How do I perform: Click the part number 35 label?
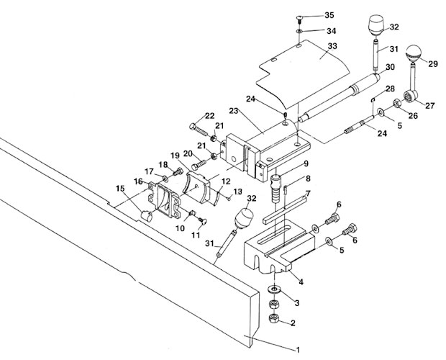329,15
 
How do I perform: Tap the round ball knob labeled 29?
414,54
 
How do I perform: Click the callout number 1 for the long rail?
298,349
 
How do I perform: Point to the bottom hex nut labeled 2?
274,318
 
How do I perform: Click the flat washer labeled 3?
275,290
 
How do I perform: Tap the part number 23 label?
234,111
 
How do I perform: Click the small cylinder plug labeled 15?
147,215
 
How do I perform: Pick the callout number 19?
176,156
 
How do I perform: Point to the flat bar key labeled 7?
285,210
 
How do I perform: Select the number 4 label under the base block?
301,282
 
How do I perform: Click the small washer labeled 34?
299,31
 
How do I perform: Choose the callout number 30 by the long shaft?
390,67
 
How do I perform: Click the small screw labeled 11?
203,221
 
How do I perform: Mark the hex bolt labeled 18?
178,171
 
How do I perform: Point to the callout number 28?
390,89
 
